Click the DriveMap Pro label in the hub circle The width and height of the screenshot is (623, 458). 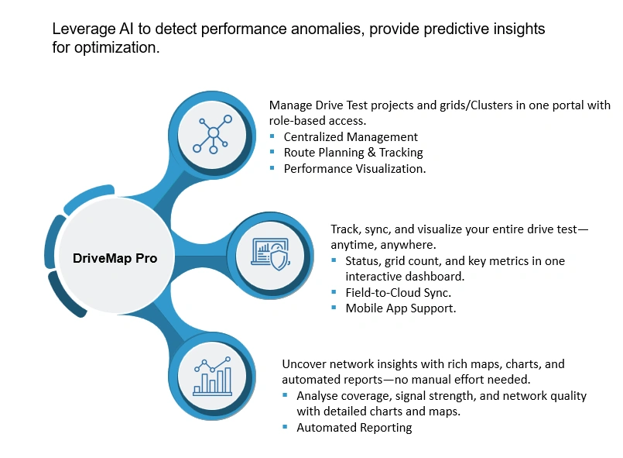pyautogui.click(x=115, y=259)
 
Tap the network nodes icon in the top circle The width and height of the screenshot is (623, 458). pyautogui.click(x=212, y=134)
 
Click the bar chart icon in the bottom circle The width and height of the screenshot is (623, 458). pyautogui.click(x=212, y=377)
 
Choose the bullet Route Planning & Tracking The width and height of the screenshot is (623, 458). pyautogui.click(x=353, y=153)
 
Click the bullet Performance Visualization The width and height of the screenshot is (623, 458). pyautogui.click(x=354, y=168)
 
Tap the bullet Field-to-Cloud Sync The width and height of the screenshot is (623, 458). pyautogui.click(x=398, y=292)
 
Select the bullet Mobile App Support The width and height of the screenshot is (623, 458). pyautogui.click(x=400, y=308)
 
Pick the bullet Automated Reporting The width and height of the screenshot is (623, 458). pyautogui.click(x=354, y=427)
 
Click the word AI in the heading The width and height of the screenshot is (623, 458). pyautogui.click(x=124, y=29)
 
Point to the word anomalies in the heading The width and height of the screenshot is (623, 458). pyautogui.click(x=323, y=29)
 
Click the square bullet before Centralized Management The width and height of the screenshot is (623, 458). pyautogui.click(x=272, y=137)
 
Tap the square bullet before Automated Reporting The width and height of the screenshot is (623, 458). pyautogui.click(x=286, y=427)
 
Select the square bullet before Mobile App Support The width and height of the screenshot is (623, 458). pyautogui.click(x=334, y=308)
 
